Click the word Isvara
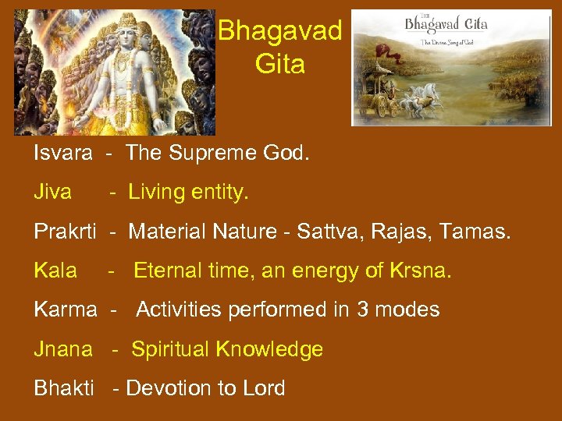(x=63, y=153)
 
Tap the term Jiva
(x=52, y=192)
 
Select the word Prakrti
(x=65, y=232)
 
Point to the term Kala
(x=55, y=271)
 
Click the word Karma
(x=65, y=310)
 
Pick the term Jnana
(x=63, y=349)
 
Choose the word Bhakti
(x=64, y=388)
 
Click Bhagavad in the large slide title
(x=279, y=31)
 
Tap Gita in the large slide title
(x=279, y=64)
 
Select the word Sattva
(x=329, y=232)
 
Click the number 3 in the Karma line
(x=363, y=310)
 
